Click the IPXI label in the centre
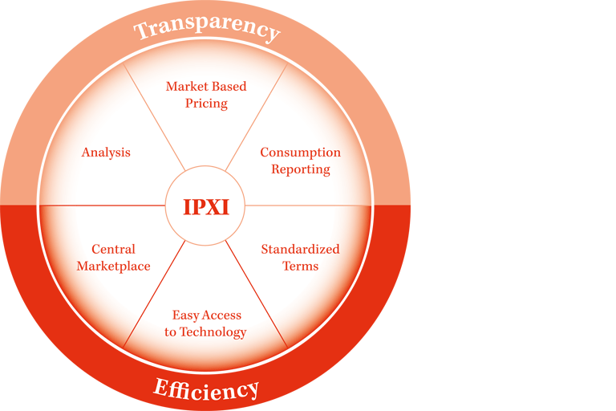point(206,207)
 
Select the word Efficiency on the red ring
point(206,389)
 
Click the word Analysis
point(106,153)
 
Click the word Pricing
point(206,104)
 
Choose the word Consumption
point(300,153)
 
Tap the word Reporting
point(300,169)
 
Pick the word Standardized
point(300,249)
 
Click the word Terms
point(300,266)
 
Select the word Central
point(113,249)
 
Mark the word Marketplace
point(113,266)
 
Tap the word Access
point(222,315)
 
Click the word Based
point(228,86)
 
